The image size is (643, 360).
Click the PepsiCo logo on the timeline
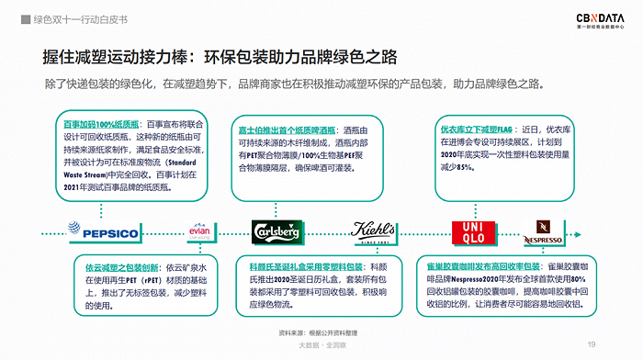pyautogui.click(x=103, y=233)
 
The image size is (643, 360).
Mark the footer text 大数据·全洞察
pyautogui.click(x=321, y=345)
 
